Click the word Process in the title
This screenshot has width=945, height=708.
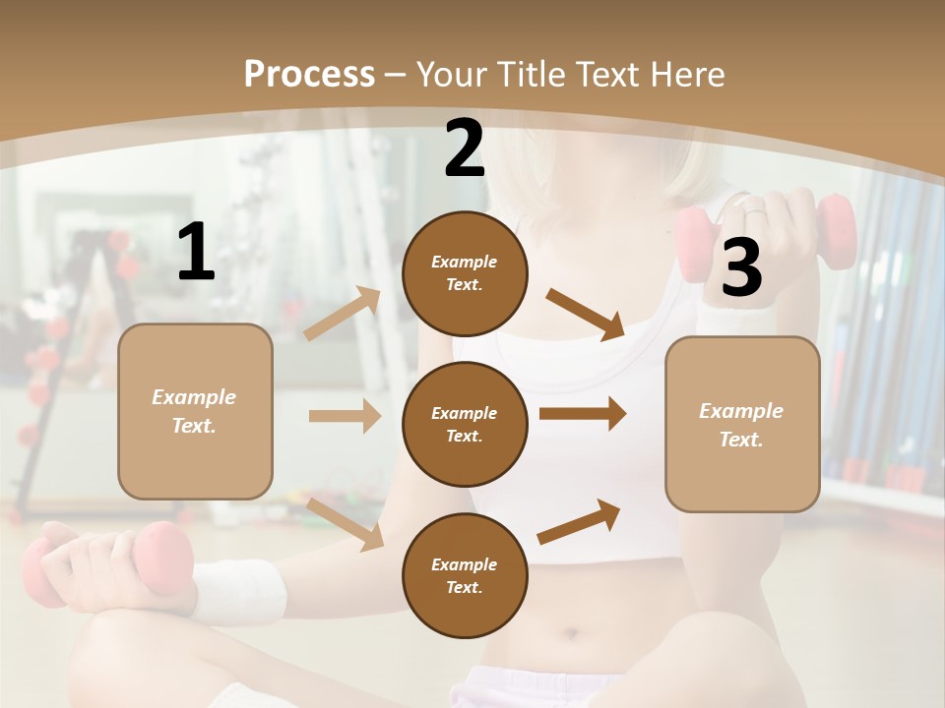pos(309,75)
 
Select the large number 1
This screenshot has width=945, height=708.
pos(196,253)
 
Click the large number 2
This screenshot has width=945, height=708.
pos(465,148)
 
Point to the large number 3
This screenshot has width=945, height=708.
pos(741,267)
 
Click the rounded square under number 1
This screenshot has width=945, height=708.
pos(195,411)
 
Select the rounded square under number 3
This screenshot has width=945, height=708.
pos(742,424)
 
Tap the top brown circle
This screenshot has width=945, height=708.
pos(465,273)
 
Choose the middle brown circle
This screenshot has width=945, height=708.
pos(465,424)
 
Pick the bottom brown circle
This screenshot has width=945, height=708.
pos(465,575)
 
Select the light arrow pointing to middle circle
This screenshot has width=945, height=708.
pos(345,416)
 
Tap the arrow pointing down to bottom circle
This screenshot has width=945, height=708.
pos(346,522)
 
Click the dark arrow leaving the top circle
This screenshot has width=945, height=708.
pos(586,314)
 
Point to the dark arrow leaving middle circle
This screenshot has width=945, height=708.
pos(583,414)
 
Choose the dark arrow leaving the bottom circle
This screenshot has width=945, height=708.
pos(580,521)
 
